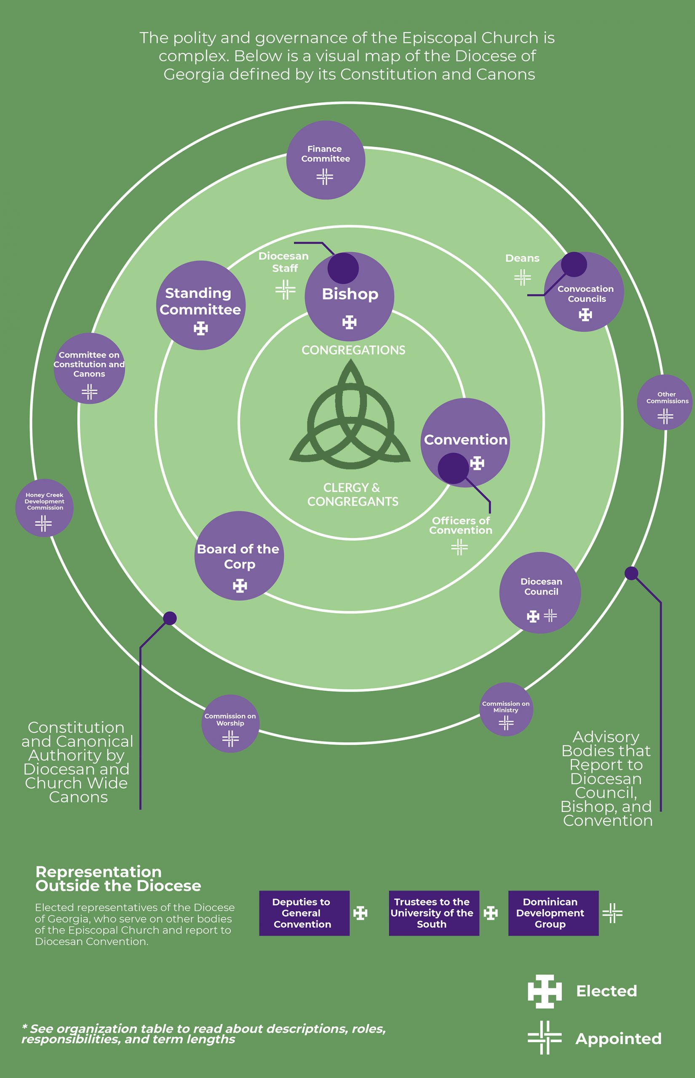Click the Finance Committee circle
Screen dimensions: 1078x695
[325, 160]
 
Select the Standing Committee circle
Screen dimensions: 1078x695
[200, 305]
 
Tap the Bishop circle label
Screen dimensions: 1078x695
[350, 294]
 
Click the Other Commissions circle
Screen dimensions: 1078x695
[664, 402]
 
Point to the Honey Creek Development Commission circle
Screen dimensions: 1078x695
[44, 508]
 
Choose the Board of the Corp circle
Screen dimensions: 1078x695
[239, 556]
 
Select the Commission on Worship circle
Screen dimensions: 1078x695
[230, 724]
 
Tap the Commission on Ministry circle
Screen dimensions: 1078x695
[506, 710]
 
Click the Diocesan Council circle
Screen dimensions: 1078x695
[540, 592]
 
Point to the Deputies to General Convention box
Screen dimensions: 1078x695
[304, 913]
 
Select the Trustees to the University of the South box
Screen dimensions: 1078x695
[434, 913]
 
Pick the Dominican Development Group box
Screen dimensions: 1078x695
[553, 913]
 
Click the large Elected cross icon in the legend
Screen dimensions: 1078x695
[545, 991]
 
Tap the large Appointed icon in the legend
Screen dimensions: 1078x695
[545, 1038]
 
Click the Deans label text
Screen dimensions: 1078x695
[522, 259]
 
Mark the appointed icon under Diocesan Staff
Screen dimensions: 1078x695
[285, 290]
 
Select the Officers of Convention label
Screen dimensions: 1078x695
[460, 526]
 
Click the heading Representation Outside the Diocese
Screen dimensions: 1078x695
[118, 879]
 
